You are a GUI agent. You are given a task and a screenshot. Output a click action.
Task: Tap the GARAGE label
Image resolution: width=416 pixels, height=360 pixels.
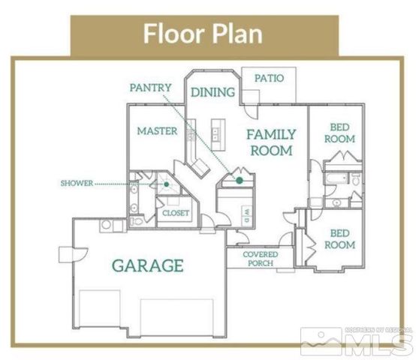[x=148, y=265]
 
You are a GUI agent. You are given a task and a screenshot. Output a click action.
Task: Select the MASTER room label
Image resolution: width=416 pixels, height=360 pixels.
[x=157, y=131]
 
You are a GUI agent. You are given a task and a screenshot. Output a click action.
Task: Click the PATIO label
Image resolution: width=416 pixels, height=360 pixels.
[x=268, y=77]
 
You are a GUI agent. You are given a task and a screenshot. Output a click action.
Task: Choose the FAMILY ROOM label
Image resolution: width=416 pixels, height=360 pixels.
[x=271, y=142]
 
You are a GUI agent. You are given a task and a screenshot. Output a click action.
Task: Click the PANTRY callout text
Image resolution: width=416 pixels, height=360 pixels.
[x=150, y=87]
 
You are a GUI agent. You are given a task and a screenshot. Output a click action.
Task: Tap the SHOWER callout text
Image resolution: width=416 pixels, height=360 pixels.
[x=77, y=182]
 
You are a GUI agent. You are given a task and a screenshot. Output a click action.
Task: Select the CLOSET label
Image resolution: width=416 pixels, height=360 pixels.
[x=176, y=213]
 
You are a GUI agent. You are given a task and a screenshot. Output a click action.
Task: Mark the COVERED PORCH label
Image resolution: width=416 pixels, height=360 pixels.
[x=261, y=259]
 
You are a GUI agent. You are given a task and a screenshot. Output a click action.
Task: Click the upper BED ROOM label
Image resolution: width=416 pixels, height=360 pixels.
[x=339, y=133]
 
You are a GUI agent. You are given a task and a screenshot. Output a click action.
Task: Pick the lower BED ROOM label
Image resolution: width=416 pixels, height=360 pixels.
[x=339, y=239]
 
